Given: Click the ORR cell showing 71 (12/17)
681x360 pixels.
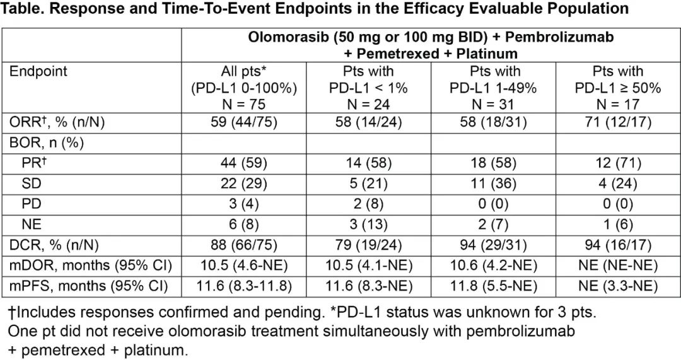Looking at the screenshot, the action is [x=617, y=122].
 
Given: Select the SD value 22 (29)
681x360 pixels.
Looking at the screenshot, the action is [x=243, y=183].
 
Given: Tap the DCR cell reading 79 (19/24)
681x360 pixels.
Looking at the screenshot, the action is [x=368, y=245].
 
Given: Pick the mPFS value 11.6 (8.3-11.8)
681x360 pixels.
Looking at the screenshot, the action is [x=243, y=286].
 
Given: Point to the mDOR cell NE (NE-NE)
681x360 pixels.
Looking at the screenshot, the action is [x=617, y=265].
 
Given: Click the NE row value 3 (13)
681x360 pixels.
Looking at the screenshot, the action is [x=368, y=224].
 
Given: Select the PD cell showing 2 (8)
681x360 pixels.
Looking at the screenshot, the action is [x=368, y=204].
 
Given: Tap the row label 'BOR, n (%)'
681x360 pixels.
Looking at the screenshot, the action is [x=47, y=142].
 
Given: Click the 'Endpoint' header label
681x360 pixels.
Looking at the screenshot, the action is [x=38, y=71].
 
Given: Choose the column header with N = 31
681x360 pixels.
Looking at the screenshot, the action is [x=493, y=87].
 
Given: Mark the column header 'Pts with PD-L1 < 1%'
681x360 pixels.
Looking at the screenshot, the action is [x=368, y=87].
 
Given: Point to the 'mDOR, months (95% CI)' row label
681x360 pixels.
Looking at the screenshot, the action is [x=91, y=265].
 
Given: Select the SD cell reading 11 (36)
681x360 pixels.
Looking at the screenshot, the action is [x=493, y=183].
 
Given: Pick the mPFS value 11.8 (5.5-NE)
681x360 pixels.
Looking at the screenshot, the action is [x=493, y=286].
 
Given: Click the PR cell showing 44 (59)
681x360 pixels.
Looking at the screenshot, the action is [x=243, y=163].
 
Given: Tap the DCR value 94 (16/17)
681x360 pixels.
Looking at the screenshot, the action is [x=617, y=245].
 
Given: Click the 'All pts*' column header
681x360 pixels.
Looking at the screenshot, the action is [x=243, y=71].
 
